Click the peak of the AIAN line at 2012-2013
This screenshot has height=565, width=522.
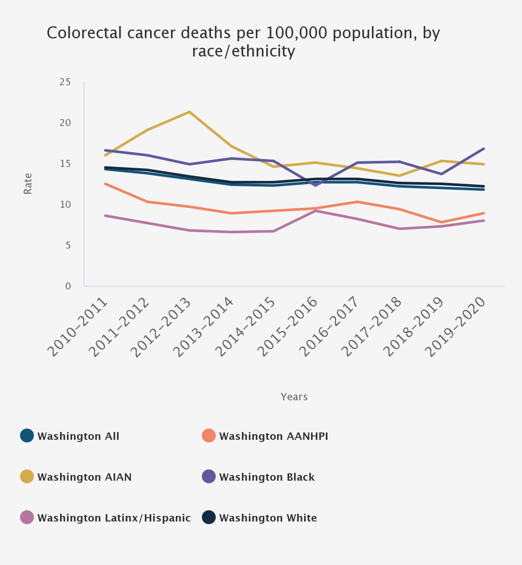coord(189,112)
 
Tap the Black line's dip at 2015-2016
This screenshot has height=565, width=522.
coord(315,186)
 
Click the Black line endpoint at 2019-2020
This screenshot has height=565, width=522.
coord(484,149)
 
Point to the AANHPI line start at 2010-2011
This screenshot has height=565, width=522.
coord(105,184)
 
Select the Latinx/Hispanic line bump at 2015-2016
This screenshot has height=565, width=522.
coord(315,211)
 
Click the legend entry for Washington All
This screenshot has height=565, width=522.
coord(78,436)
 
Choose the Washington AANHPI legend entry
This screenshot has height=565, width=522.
coord(273,436)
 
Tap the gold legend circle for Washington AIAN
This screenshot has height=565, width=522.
coord(27,477)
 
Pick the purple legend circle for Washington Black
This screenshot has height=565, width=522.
coord(209,477)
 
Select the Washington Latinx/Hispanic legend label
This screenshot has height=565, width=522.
coord(114,518)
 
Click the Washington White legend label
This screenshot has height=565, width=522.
coord(268,518)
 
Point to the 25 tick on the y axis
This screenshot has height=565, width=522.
coord(65,82)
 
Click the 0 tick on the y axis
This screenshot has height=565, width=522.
coord(68,286)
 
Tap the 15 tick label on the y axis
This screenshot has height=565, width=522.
coord(65,164)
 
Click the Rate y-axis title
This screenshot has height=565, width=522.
coord(28,183)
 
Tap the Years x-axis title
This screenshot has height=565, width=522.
coord(294,397)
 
